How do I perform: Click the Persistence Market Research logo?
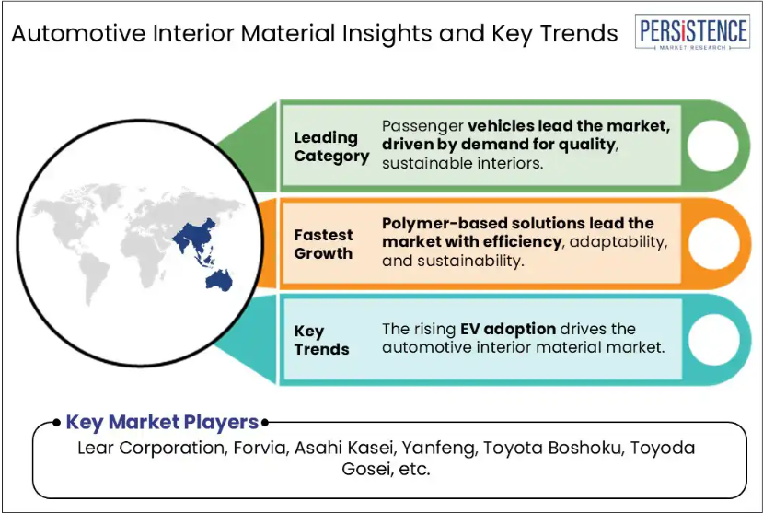[x=692, y=32]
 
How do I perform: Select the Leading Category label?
[x=331, y=146]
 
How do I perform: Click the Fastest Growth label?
[x=323, y=244]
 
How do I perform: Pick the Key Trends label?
[x=321, y=340]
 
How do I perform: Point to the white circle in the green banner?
[x=713, y=146]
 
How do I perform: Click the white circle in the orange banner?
[x=714, y=244]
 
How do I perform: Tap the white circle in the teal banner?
[x=714, y=340]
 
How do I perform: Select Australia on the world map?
[x=219, y=281]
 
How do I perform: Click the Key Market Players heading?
[x=162, y=422]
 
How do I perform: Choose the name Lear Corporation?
[x=152, y=448]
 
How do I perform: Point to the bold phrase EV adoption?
[x=508, y=329]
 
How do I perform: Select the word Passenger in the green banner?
[x=422, y=126]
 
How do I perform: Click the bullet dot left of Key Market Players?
[x=57, y=422]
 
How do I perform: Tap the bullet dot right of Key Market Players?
[x=265, y=423]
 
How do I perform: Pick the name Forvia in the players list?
[x=260, y=448]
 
